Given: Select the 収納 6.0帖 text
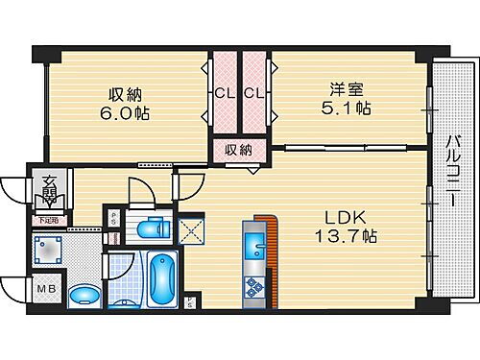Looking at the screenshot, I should pos(127,103).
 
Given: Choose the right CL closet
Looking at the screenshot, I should pos(252,93).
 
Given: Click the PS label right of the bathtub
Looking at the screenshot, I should pos(190,304).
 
